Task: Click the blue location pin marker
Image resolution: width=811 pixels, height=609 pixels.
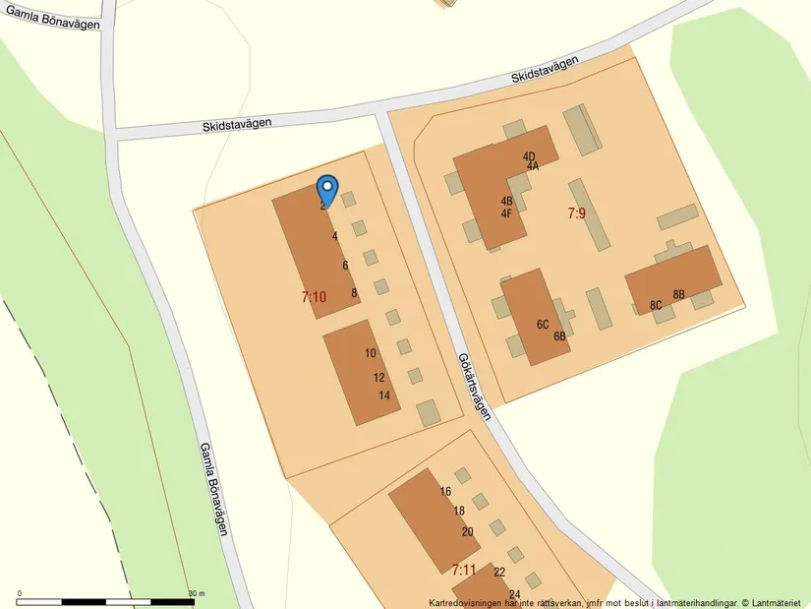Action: click(x=327, y=188)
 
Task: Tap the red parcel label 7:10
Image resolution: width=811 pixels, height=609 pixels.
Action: click(x=314, y=296)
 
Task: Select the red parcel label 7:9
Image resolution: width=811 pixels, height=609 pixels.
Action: click(x=576, y=213)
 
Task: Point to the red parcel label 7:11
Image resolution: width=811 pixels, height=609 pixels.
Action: click(x=464, y=570)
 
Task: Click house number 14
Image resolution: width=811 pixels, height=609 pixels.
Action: click(x=384, y=396)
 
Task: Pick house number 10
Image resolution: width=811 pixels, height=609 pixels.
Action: click(x=371, y=353)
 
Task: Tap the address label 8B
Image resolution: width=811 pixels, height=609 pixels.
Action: click(x=678, y=294)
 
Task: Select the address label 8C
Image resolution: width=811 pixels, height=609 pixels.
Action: click(x=656, y=305)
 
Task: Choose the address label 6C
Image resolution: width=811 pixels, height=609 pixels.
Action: click(x=543, y=324)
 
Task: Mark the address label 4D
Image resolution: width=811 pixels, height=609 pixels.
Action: click(x=529, y=156)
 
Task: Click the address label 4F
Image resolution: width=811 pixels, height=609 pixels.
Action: click(x=506, y=213)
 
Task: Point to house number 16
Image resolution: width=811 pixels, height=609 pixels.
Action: click(x=445, y=492)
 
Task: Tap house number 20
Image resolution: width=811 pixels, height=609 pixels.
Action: click(x=467, y=532)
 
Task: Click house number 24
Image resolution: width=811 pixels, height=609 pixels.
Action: click(x=514, y=594)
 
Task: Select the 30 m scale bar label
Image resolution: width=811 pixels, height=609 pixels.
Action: click(x=197, y=593)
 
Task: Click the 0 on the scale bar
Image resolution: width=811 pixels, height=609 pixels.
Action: click(x=20, y=593)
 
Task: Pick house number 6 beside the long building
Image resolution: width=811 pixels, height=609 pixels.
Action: click(x=345, y=266)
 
